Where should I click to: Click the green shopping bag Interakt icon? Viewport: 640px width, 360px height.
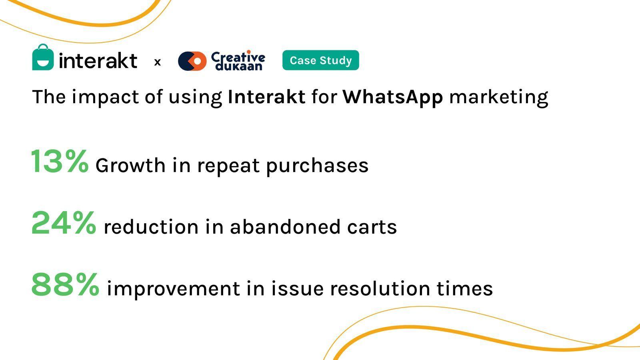[x=43, y=57]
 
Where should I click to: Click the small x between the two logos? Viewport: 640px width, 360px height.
[x=158, y=62]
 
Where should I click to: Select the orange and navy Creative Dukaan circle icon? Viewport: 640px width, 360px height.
[x=192, y=61]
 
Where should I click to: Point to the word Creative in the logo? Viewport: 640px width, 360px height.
[x=238, y=56]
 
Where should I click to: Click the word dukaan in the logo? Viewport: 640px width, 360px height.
[x=239, y=66]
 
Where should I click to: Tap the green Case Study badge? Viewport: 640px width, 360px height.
[x=320, y=60]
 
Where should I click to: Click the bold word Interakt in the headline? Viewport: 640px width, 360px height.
[x=266, y=96]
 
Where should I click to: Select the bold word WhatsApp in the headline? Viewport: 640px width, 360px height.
[x=393, y=98]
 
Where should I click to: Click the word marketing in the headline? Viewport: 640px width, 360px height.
[x=498, y=98]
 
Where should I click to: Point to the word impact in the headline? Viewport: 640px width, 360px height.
[x=105, y=98]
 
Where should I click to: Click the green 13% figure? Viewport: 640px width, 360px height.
[x=60, y=161]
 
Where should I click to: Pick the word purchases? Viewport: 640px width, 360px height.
[x=317, y=166]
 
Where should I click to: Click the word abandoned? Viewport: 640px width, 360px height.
[x=285, y=226]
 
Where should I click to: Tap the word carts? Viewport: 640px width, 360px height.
[x=372, y=228]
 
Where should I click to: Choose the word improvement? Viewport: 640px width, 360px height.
[x=173, y=289]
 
